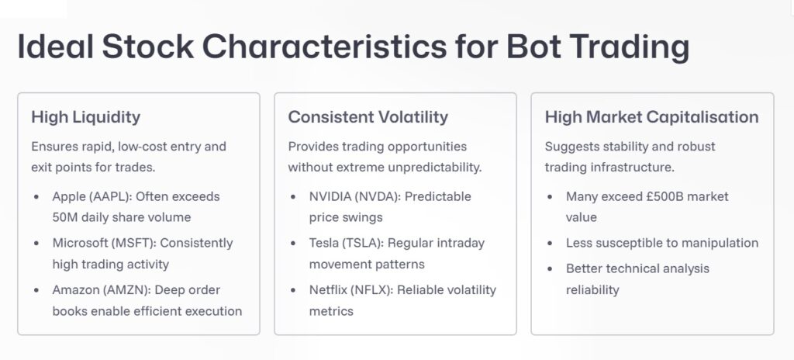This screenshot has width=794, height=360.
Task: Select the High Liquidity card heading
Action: pyautogui.click(x=85, y=117)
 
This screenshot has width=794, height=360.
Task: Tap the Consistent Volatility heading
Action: pyautogui.click(x=368, y=117)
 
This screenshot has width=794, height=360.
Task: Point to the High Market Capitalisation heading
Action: pyautogui.click(x=651, y=117)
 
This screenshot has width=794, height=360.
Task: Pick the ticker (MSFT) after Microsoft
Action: pyautogui.click(x=135, y=243)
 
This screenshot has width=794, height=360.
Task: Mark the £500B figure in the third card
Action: pyautogui.click(x=655, y=196)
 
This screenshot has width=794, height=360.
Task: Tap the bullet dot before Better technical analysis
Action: pyautogui.click(x=550, y=269)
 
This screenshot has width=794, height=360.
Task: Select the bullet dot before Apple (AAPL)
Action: pyautogui.click(x=36, y=197)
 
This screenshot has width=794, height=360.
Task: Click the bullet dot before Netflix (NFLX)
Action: pyautogui.click(x=293, y=290)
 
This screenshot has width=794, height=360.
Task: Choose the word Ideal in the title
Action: pyautogui.click(x=55, y=47)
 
